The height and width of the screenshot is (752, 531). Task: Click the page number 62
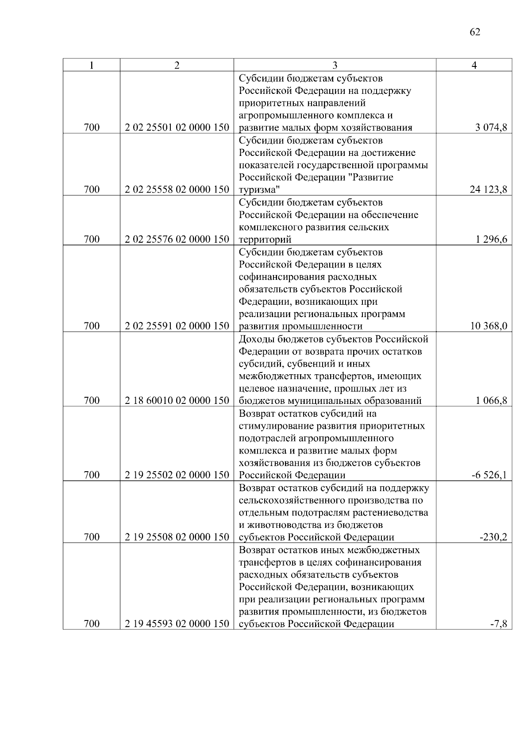(474, 32)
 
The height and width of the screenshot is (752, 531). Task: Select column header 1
(91, 66)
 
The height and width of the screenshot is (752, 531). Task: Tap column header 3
(335, 66)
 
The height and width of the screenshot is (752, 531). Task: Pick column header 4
(474, 66)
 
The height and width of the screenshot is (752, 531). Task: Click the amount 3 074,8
(491, 128)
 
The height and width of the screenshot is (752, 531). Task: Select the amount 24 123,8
(489, 190)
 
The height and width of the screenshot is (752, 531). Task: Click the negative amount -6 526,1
(489, 475)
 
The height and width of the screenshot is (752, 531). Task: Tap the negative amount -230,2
(493, 537)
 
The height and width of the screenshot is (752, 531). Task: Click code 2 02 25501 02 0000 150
(177, 128)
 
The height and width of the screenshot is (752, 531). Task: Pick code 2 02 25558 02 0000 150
(177, 190)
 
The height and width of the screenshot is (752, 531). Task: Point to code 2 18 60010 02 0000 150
(177, 401)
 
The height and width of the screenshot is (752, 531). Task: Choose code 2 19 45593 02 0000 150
(177, 624)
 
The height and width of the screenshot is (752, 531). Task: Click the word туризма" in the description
(259, 190)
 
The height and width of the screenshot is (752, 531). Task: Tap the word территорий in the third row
(265, 240)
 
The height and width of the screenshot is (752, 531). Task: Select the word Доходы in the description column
(257, 339)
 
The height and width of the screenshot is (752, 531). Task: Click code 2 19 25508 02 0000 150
(177, 537)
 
